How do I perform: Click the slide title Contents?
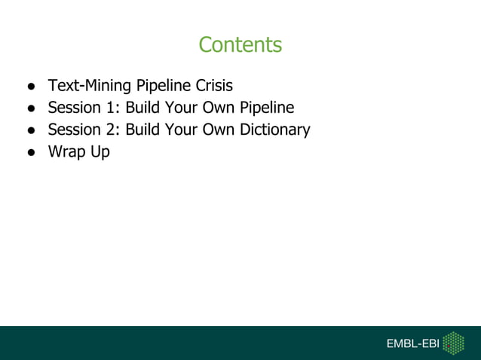point(240,45)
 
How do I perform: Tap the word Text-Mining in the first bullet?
point(90,86)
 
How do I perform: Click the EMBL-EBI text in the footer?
point(412,343)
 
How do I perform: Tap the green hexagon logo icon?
point(453,343)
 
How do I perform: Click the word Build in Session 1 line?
point(142,108)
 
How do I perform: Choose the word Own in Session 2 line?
point(218,130)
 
